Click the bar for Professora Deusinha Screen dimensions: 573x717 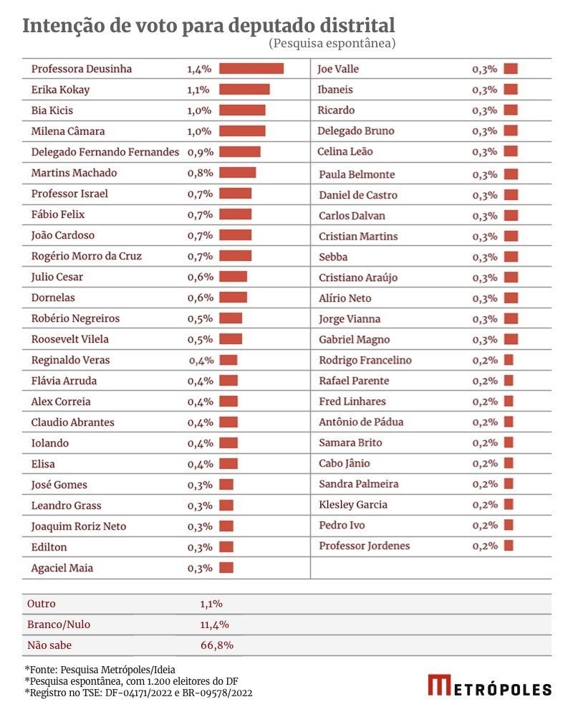[251, 69]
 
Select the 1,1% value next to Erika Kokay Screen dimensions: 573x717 [198, 90]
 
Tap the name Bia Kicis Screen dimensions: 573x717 [52, 110]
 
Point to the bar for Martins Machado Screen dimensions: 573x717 [238, 172]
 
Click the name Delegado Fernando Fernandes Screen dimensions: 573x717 [105, 152]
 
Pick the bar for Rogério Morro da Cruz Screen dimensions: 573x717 [236, 256]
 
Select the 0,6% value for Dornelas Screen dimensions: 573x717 [201, 298]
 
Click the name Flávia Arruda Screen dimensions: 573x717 [64, 381]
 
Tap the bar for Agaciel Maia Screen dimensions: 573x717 [226, 567]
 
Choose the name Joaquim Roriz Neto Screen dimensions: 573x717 [79, 526]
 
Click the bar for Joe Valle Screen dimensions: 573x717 [511, 69]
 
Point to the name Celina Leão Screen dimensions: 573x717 [345, 151]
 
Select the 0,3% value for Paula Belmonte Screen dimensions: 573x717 [485, 175]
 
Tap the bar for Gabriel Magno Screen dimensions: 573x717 [511, 339]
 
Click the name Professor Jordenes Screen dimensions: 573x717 [364, 546]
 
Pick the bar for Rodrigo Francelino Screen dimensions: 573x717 [509, 359]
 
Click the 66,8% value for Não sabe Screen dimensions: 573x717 [217, 645]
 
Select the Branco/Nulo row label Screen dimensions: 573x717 [59, 625]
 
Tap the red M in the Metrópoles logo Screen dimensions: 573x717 [440, 685]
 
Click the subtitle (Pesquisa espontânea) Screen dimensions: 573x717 [332, 43]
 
